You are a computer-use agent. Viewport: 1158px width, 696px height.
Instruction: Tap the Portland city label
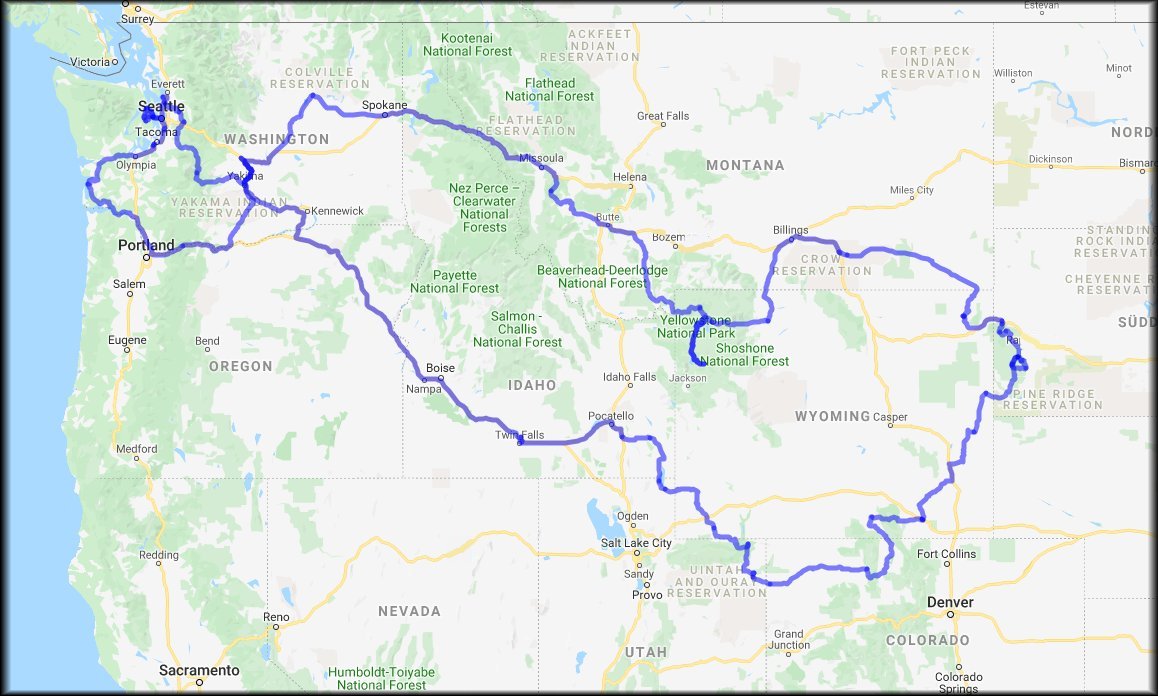(x=146, y=245)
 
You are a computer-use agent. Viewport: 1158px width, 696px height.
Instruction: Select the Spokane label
(x=384, y=104)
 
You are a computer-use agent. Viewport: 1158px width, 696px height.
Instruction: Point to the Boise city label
(x=440, y=368)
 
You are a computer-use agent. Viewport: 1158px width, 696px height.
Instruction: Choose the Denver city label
(x=949, y=602)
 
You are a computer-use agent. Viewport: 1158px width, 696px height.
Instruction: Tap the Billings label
(x=790, y=229)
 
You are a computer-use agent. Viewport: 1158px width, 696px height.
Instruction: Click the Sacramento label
(x=199, y=669)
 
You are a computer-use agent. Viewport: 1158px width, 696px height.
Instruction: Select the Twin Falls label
(x=519, y=435)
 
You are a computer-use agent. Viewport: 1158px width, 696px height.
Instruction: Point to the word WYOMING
(x=832, y=416)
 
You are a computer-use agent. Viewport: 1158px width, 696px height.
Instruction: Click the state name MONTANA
(x=745, y=165)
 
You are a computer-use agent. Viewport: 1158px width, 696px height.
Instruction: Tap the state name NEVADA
(x=409, y=611)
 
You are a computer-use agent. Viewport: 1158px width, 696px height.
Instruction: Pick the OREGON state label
(x=240, y=367)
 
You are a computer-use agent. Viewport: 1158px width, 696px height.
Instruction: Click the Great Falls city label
(x=663, y=116)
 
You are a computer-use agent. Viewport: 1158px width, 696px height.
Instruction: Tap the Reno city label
(x=276, y=617)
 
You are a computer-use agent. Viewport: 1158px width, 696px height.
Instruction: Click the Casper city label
(x=890, y=417)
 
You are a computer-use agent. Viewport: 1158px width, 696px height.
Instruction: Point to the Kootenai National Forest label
(x=469, y=45)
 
